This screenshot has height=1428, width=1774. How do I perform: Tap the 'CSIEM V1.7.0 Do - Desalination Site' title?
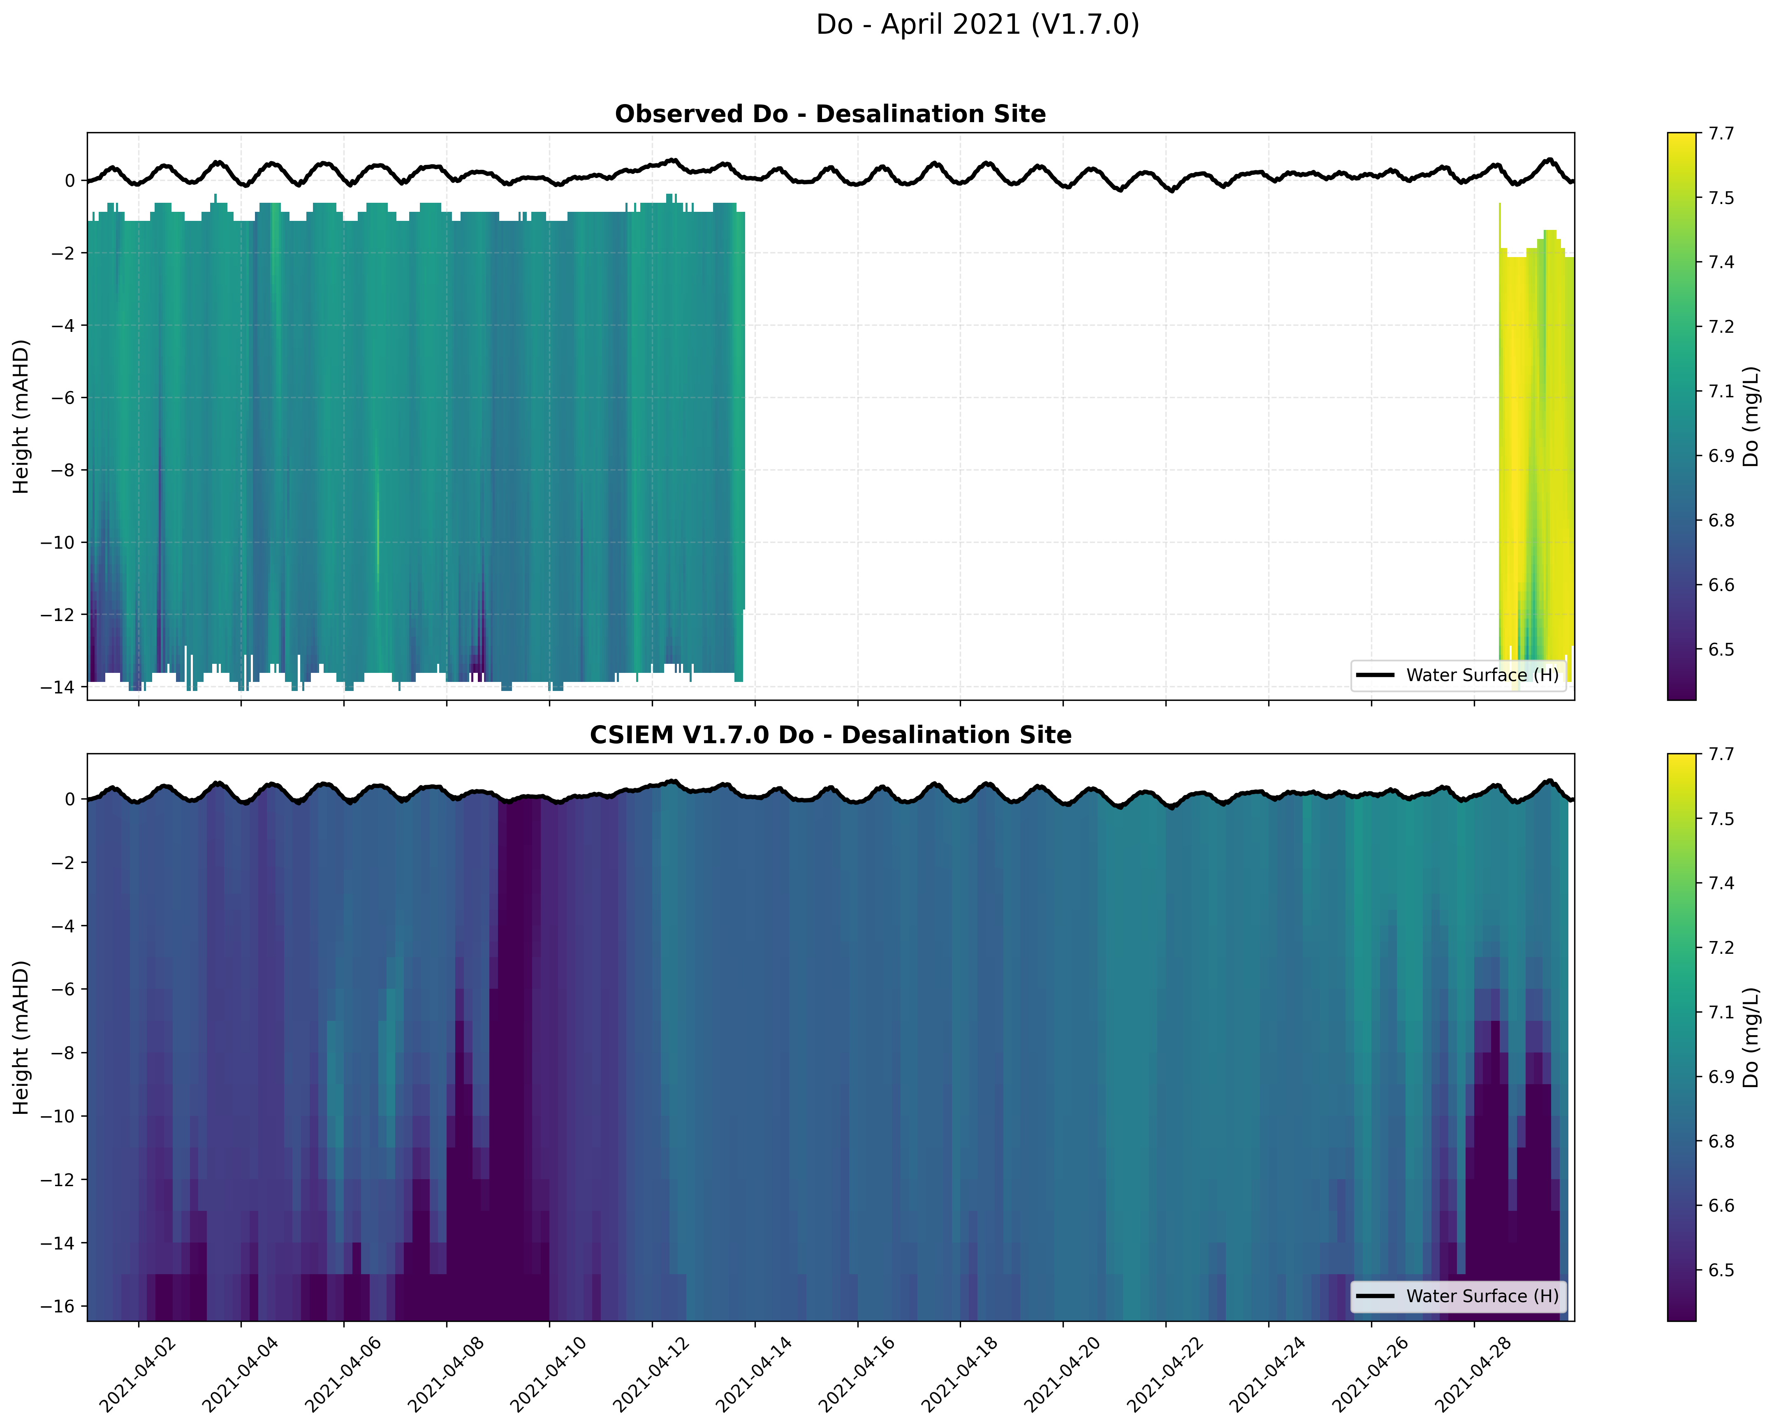[x=830, y=735]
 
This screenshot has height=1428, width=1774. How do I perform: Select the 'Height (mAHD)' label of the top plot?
[x=21, y=417]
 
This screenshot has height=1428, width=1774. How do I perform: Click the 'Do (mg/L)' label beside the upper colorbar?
[x=1751, y=417]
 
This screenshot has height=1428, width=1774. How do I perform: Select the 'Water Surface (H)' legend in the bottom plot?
[x=1458, y=1296]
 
